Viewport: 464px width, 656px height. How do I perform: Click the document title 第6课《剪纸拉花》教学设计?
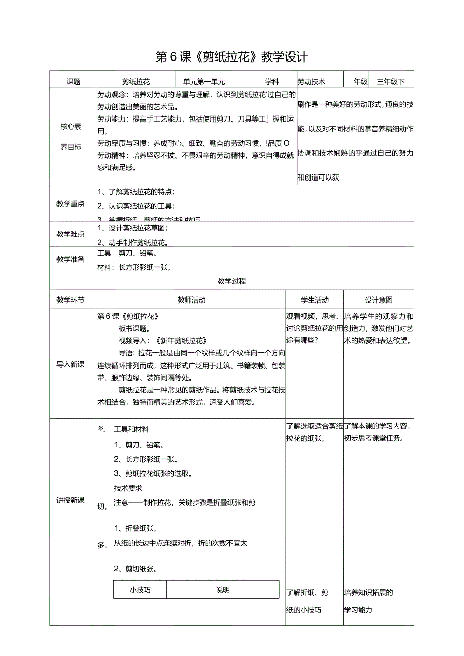pos(231,56)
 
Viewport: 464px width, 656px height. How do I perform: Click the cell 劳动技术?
pos(311,81)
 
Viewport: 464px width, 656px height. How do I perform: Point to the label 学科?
pos(272,81)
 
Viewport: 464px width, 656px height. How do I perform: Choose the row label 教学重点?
pos(71,204)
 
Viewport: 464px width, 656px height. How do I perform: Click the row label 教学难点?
pos(71,234)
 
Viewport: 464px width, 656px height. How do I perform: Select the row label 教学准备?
pos(71,259)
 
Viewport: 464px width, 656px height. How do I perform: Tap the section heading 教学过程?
pos(231,281)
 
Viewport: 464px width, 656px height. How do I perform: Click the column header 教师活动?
pos(192,300)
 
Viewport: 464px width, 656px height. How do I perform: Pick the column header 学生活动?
pos(315,300)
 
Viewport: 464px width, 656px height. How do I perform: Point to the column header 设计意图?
pos(379,300)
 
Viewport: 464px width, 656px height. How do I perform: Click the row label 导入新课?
pos(71,365)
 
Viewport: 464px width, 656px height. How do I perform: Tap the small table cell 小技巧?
pos(140,590)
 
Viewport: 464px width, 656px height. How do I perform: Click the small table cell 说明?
pos(222,590)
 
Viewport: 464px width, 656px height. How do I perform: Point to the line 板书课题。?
pos(134,328)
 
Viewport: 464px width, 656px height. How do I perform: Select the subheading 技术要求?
pos(128,488)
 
